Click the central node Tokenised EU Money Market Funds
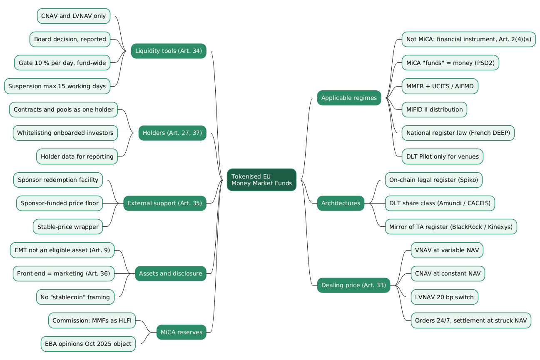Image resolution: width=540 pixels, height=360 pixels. click(x=261, y=180)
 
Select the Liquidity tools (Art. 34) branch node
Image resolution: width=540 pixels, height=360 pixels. click(x=169, y=51)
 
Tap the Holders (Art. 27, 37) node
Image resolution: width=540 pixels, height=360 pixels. click(x=172, y=133)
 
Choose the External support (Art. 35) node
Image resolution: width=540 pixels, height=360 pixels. click(x=165, y=203)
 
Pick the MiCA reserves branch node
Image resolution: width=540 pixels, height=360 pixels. click(x=182, y=332)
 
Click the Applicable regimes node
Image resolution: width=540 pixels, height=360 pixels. click(x=349, y=98)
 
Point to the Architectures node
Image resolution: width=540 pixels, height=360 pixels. click(x=341, y=203)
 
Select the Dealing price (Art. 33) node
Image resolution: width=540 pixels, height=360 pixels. click(x=353, y=285)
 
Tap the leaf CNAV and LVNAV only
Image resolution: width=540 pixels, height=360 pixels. click(x=74, y=16)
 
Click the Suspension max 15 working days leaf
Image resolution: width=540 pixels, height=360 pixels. click(x=57, y=86)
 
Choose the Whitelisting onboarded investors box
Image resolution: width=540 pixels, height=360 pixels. click(x=65, y=133)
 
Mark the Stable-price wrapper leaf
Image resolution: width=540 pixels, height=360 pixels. click(x=68, y=226)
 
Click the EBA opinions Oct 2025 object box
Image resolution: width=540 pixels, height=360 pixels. click(x=88, y=344)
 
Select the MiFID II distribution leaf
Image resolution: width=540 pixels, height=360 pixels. click(x=434, y=109)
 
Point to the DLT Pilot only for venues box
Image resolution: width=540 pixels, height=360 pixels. click(x=442, y=156)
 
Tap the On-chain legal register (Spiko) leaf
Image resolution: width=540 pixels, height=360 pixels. click(x=434, y=180)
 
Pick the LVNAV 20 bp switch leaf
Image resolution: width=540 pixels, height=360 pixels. click(x=444, y=297)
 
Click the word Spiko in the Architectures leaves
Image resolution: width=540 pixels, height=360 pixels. click(x=468, y=180)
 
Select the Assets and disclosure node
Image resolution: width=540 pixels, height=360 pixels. click(x=171, y=273)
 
